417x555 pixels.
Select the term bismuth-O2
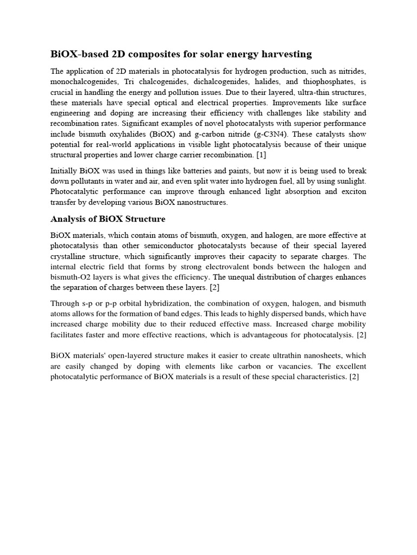pyautogui.click(x=71, y=277)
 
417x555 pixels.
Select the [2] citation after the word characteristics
pyautogui.click(x=355, y=376)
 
